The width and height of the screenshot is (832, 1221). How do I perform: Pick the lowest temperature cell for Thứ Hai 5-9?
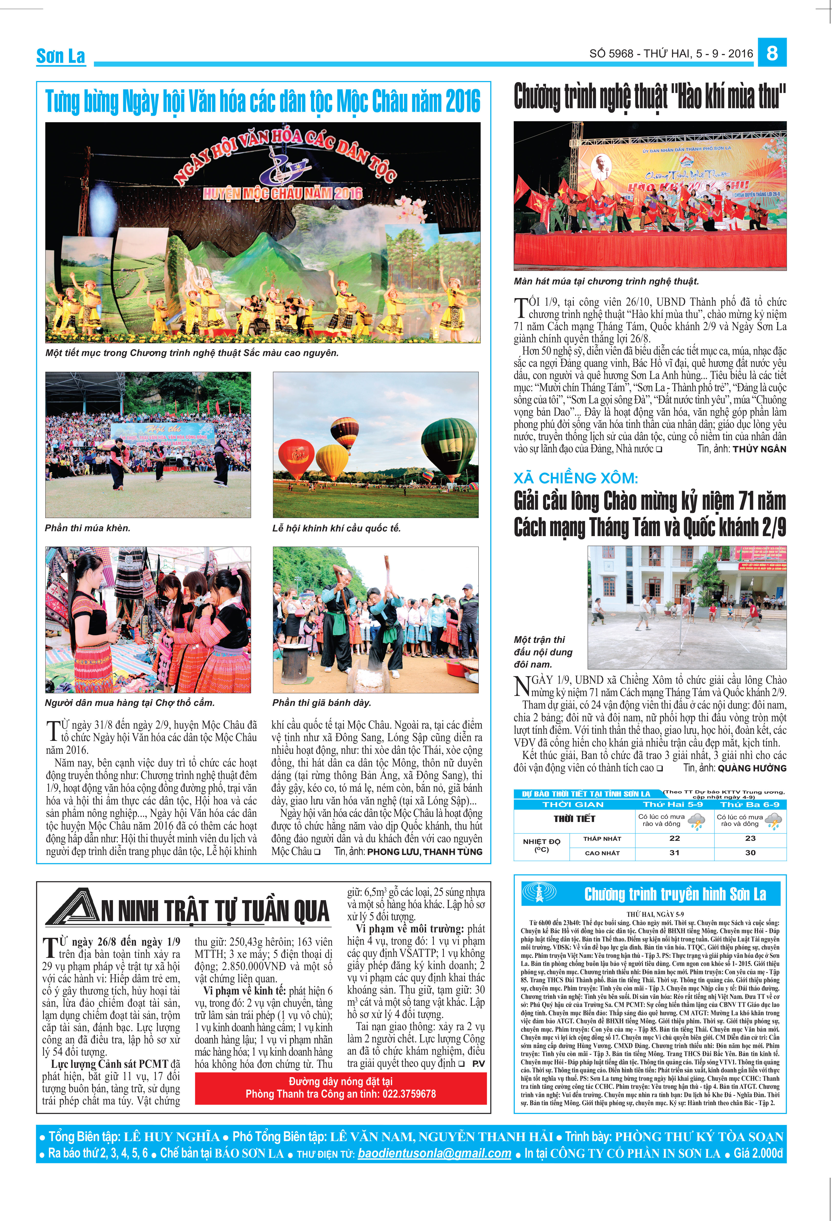674,838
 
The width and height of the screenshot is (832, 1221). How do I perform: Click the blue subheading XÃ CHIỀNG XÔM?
576,478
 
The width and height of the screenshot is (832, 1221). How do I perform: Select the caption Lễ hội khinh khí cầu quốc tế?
336,528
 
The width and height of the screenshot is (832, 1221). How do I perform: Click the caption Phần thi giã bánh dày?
322,702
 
